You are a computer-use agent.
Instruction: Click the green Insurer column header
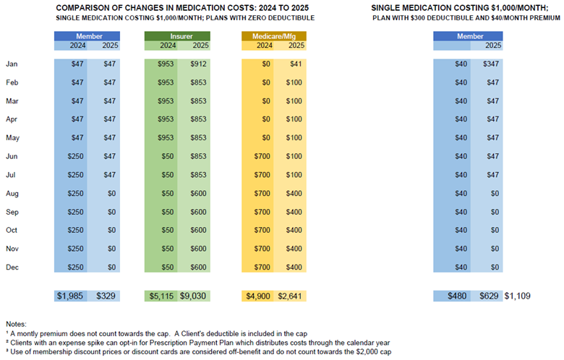177,36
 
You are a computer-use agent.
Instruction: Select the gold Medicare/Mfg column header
274,36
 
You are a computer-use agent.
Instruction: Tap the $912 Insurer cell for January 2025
199,64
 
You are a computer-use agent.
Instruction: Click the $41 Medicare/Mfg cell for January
296,64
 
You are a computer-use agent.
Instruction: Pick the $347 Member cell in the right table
491,64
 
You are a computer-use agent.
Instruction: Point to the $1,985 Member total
70,296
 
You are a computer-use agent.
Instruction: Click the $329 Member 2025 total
106,296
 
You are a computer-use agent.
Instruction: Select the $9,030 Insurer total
193,296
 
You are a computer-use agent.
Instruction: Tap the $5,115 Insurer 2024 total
161,296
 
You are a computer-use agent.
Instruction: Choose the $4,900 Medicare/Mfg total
258,296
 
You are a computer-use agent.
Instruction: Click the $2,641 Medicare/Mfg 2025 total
290,296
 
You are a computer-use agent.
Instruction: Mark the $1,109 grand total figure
517,296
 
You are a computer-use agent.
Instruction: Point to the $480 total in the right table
457,296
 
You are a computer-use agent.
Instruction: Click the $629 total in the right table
490,296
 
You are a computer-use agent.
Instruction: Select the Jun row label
12,156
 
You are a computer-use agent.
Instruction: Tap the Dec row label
12,267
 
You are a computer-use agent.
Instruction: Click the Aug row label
12,194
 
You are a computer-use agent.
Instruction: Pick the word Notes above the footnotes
16,325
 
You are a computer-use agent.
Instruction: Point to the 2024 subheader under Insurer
168,46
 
